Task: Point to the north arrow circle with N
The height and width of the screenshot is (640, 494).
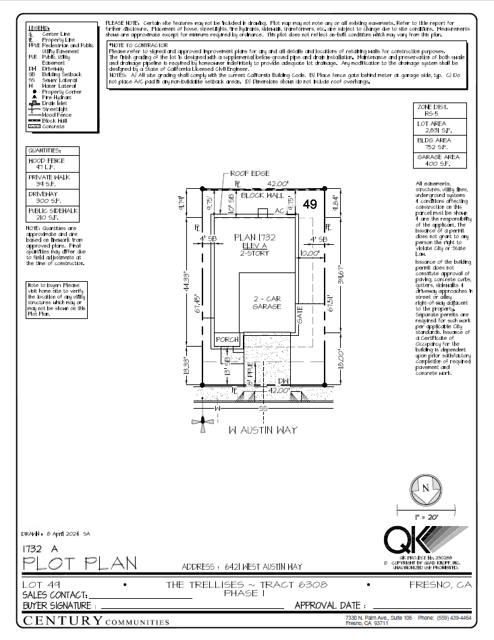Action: [x=426, y=488]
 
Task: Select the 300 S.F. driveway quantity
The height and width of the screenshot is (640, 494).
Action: [x=41, y=200]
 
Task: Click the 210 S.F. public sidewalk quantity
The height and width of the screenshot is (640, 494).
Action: [x=41, y=218]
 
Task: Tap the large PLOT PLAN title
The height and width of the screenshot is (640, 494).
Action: [x=80, y=562]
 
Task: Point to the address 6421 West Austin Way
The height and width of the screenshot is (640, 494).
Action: [x=242, y=567]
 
